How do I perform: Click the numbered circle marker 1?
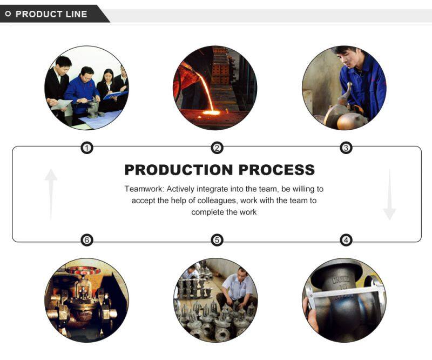coord(87,148)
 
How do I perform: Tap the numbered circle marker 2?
coord(217,148)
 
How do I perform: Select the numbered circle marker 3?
coord(346,148)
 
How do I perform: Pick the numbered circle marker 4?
coord(346,239)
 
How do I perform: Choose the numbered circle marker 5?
coord(217,239)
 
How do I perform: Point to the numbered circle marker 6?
coord(87,239)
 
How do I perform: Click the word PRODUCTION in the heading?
coord(179,170)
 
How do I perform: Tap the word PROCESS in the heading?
coord(276,170)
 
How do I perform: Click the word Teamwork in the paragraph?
coord(144,189)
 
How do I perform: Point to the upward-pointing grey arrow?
coord(51,195)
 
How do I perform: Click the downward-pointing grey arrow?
coord(389,195)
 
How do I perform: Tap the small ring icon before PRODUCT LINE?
coord(8,14)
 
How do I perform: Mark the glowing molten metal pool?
coord(211,112)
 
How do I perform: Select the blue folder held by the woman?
coord(115,95)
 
